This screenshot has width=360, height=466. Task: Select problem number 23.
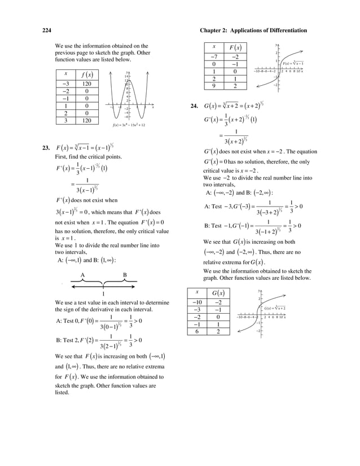(x=46, y=148)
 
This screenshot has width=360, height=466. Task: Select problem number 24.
(x=196, y=105)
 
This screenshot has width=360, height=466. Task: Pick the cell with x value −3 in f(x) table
(x=66, y=83)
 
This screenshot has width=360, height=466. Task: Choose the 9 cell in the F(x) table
(x=214, y=86)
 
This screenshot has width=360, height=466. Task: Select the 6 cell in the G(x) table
(x=197, y=331)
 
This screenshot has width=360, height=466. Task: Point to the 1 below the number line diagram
(x=104, y=294)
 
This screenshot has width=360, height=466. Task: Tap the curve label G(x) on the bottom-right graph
(x=275, y=308)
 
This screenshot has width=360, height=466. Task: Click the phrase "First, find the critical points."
(x=87, y=156)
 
